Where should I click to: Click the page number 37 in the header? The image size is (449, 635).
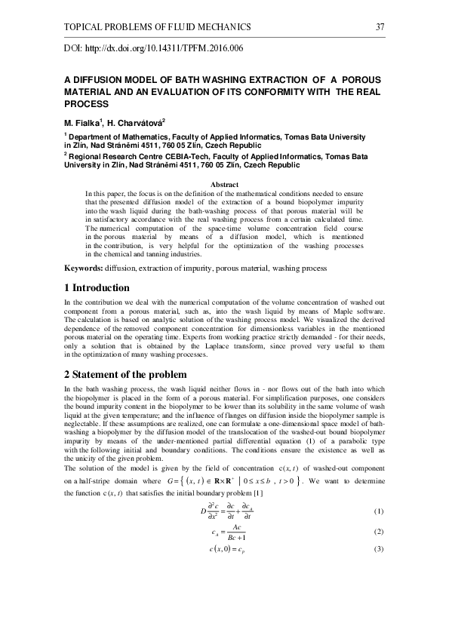(x=380, y=27)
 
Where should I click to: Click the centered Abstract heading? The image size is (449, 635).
(x=224, y=185)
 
